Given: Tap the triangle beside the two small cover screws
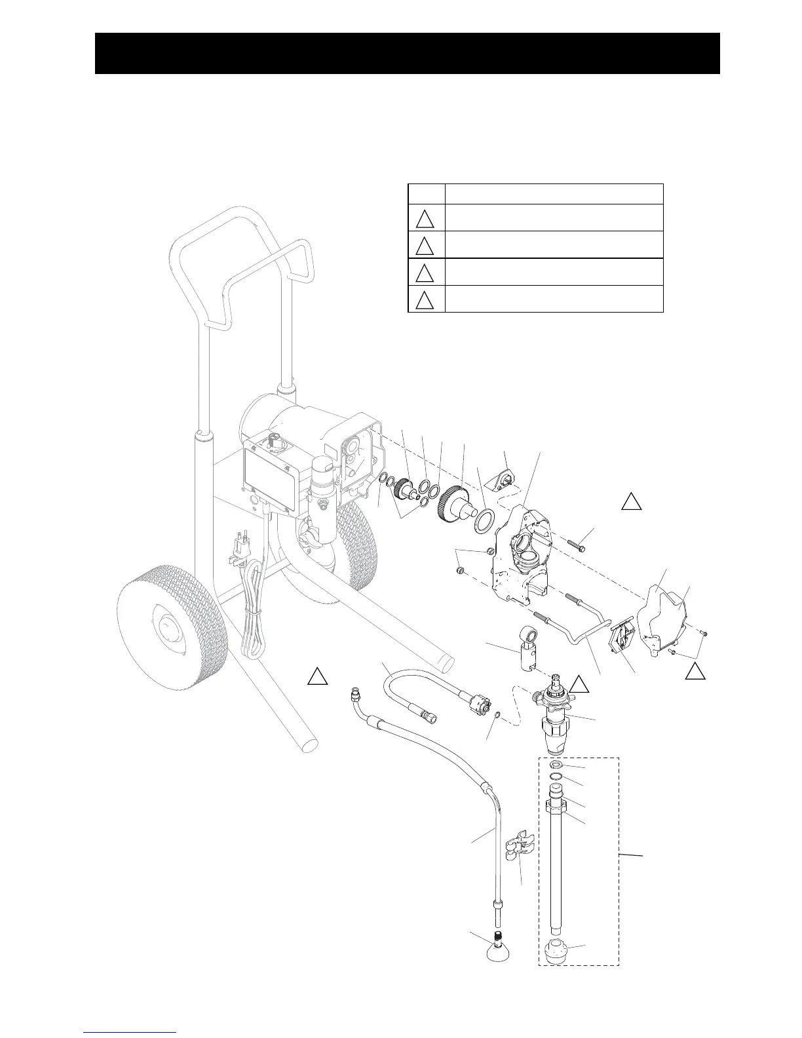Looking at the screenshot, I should coord(695,670).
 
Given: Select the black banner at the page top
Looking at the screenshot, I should coord(407,53).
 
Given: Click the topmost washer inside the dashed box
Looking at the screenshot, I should coord(556,765).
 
